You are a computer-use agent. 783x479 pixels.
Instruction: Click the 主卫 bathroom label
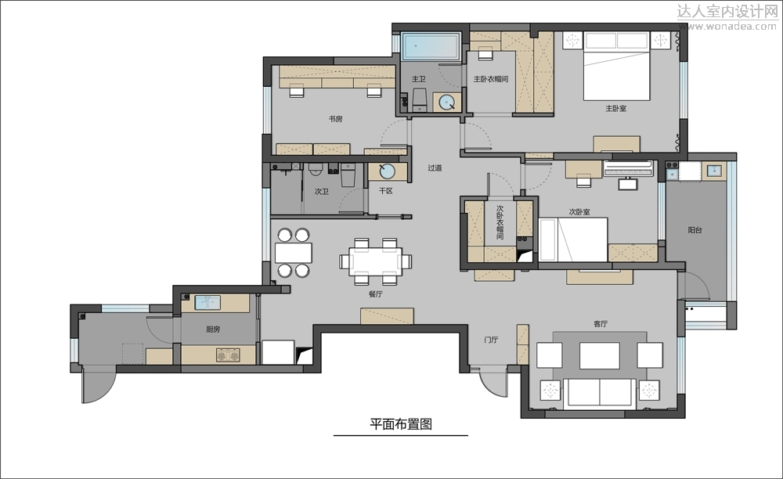pos(418,79)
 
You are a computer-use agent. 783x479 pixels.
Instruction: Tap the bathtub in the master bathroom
pos(431,46)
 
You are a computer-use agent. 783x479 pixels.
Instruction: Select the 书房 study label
pos(336,119)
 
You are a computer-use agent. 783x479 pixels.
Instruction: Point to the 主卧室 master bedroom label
pos(615,108)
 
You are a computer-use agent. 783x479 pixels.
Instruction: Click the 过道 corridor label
pos(435,167)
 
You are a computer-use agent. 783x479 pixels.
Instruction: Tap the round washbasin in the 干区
pos(387,171)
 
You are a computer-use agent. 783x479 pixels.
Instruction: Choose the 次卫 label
pos(322,191)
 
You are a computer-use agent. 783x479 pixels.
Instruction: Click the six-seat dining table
pos(376,261)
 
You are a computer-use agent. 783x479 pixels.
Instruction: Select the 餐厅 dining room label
pos(376,294)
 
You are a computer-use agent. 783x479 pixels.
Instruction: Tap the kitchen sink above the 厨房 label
pos(207,302)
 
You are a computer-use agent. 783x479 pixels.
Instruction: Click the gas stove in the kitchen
pos(228,355)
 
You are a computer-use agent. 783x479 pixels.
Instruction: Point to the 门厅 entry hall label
pos(491,340)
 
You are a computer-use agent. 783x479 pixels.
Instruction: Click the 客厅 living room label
pos(601,324)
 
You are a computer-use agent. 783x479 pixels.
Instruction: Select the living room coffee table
pos(600,355)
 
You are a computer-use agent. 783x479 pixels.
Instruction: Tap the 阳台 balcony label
pos(695,230)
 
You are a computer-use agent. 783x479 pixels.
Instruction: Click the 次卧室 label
pos(579,211)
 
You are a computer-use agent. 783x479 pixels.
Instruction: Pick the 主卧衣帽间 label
pos(491,79)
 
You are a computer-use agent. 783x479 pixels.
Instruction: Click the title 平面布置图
pos(401,424)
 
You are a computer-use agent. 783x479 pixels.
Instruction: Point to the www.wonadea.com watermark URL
pos(727,27)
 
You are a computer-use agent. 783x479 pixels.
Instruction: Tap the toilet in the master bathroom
pos(419,100)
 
